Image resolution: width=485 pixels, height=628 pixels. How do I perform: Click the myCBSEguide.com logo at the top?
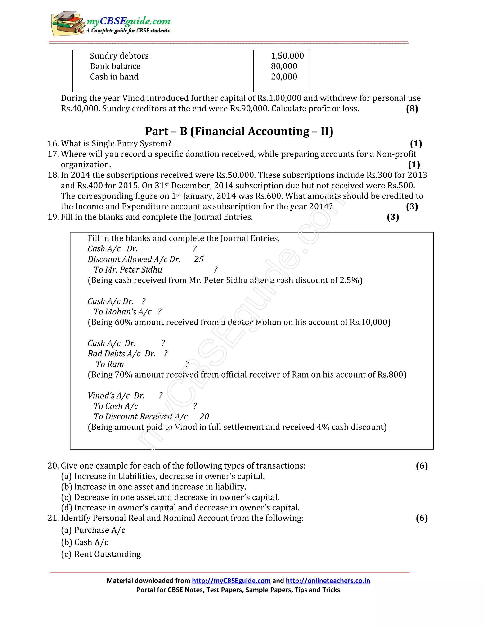[x=111, y=24]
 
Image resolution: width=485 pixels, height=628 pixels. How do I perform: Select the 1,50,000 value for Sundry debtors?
[x=287, y=56]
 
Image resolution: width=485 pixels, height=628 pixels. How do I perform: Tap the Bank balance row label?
[x=115, y=66]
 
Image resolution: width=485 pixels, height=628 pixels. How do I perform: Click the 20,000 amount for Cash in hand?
[x=284, y=77]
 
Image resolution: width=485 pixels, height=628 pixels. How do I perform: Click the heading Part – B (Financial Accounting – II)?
[x=239, y=132]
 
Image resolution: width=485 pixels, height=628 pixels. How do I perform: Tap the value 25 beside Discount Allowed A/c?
[x=198, y=259]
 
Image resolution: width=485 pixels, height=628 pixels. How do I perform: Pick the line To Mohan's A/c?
[x=123, y=312]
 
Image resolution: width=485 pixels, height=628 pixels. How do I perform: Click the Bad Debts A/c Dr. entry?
[x=121, y=354]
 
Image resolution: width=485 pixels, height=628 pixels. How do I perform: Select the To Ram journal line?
[x=110, y=364]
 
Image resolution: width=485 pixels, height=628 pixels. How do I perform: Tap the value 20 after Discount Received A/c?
[x=204, y=417]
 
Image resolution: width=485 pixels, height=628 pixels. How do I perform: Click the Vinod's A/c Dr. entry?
[x=116, y=396]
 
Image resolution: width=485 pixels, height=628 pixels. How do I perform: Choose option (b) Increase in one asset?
[x=153, y=487]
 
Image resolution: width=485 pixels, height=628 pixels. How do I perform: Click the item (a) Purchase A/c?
[x=93, y=530]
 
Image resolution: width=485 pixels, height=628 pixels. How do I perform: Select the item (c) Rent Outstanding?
[x=101, y=554]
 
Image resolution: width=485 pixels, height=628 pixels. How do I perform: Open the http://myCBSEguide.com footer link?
[x=231, y=581]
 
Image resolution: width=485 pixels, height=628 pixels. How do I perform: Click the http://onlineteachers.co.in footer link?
[x=328, y=581]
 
